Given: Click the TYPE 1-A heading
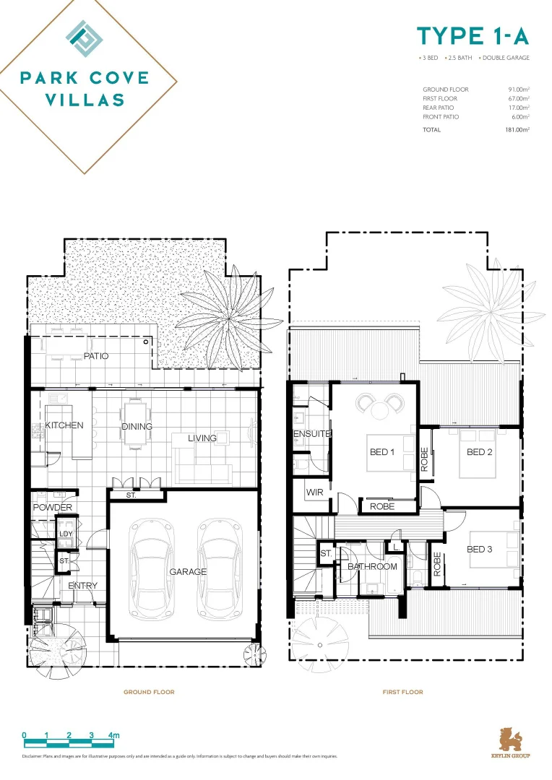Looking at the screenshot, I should tap(473, 36).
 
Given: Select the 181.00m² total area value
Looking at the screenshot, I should tap(517, 130).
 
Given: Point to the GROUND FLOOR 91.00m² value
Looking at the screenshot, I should tap(519, 90).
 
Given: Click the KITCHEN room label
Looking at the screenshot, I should tap(64, 425).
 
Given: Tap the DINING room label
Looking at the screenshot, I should tap(137, 426).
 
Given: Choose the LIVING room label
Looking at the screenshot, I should tap(202, 438).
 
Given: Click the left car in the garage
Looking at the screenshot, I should tap(152, 570).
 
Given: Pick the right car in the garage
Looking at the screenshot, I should tap(220, 570).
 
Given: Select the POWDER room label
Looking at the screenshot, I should tap(52, 507).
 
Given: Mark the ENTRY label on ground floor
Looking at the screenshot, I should tap(82, 585).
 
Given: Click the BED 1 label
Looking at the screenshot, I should tap(381, 452).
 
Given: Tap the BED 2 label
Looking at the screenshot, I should tap(479, 452).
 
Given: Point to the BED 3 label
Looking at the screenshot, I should tap(479, 549).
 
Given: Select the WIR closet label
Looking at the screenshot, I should tap(314, 493).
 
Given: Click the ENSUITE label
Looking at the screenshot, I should tap(311, 434).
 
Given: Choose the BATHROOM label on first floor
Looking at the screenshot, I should tap(372, 566).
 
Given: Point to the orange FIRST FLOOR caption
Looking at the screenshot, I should tap(402, 692).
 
